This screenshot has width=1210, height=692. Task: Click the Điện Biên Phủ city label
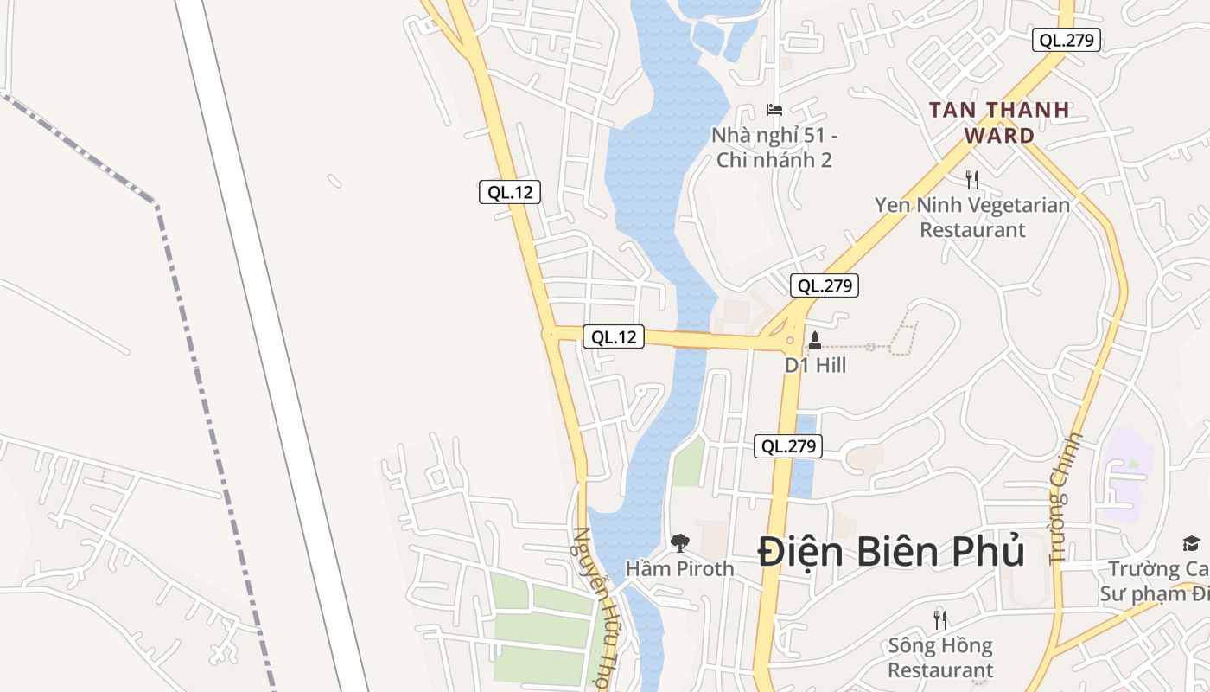(891, 552)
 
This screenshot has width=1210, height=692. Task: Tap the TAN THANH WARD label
(999, 123)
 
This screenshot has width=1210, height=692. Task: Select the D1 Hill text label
(815, 365)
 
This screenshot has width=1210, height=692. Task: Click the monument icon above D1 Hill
(814, 341)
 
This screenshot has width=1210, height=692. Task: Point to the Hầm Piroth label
(679, 568)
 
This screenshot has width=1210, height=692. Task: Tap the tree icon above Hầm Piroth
(680, 543)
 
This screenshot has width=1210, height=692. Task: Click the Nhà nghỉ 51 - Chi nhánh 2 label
(774, 148)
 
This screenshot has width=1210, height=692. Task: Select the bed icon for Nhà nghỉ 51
(774, 110)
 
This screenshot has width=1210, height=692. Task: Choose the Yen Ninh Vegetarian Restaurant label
(972, 217)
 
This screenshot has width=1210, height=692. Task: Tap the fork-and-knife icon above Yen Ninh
(972, 180)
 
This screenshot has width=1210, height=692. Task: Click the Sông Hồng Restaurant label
(940, 657)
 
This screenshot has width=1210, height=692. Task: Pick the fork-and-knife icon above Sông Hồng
(940, 619)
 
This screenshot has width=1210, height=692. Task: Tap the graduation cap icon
(1191, 543)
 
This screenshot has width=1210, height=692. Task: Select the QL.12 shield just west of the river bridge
(614, 336)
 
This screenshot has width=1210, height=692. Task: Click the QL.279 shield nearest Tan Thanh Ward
(1067, 40)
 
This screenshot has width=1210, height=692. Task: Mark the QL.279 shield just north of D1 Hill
(825, 285)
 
